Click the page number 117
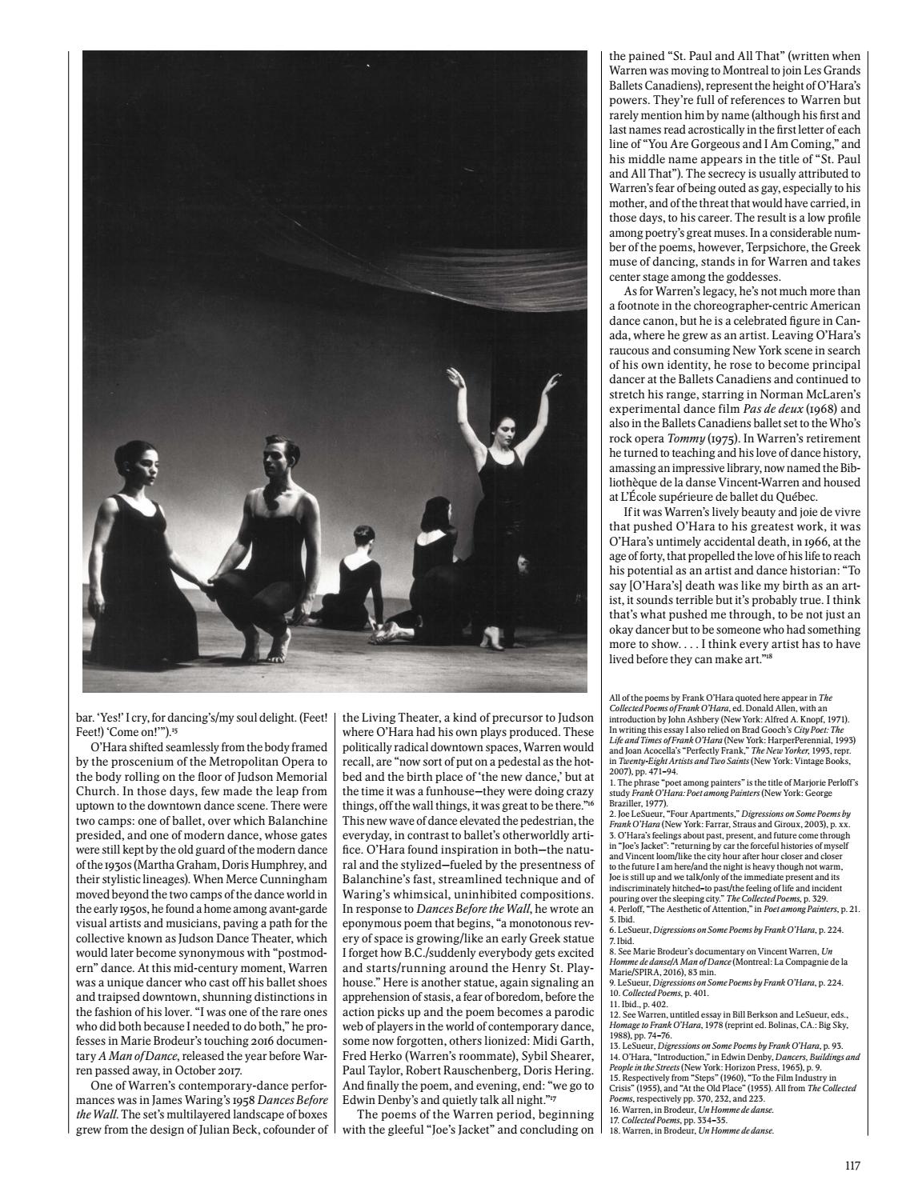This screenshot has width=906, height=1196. coord(852,1166)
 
